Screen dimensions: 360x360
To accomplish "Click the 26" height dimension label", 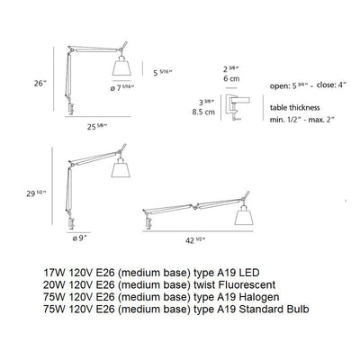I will pyautogui.click(x=38, y=83).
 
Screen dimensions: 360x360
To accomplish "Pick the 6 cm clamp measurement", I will pyautogui.click(x=231, y=76).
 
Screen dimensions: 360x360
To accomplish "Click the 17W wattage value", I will pyautogui.click(x=55, y=270).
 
